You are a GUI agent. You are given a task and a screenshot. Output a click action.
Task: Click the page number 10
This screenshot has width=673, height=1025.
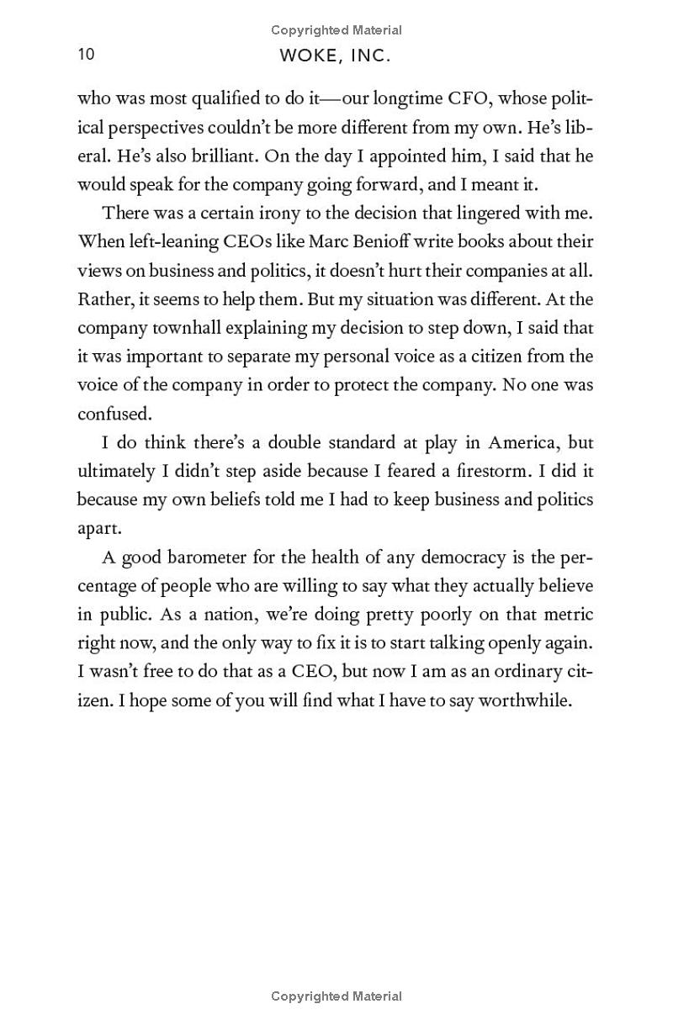(86, 55)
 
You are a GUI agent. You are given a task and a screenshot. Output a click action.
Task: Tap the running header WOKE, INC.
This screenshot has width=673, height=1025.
(336, 56)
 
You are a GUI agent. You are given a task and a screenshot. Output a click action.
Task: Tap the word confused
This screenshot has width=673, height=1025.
(113, 414)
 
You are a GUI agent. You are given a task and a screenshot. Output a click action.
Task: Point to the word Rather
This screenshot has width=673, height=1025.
(103, 299)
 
